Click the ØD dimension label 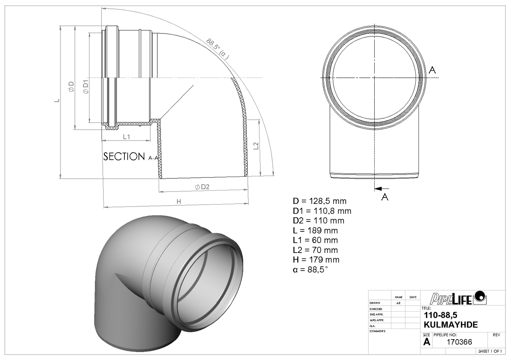71,87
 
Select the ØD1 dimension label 85,87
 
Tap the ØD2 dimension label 202,187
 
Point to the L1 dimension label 126,137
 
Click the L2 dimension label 256,146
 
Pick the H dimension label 179,202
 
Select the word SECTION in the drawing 124,157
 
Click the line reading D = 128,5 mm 320,201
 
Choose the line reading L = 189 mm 315,230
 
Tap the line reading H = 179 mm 316,260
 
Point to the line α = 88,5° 310,270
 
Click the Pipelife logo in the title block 458,298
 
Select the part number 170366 459,342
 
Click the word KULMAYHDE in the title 450,325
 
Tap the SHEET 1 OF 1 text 490,351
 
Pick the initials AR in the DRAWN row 398,303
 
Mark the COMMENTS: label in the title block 378,331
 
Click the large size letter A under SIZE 427,342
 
